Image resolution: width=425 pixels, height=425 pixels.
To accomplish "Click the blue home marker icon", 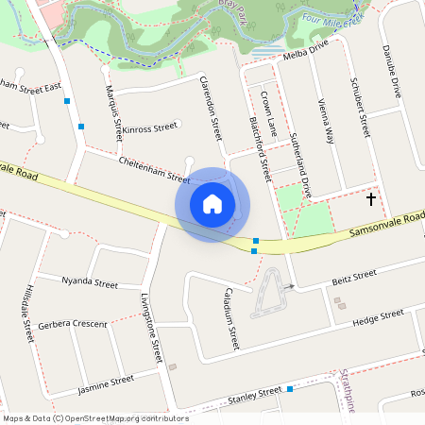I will click(212, 204).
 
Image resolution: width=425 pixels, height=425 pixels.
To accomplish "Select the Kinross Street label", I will click(151, 127).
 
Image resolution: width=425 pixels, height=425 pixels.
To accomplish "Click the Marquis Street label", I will click(113, 111).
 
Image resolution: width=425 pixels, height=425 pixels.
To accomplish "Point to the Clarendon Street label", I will click(211, 110).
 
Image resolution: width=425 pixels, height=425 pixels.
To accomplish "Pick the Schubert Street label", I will click(361, 107).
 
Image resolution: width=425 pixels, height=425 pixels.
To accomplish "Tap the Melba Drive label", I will click(305, 51).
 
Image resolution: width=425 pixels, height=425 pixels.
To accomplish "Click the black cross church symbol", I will click(371, 198).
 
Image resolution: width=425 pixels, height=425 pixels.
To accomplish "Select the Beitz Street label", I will click(355, 276).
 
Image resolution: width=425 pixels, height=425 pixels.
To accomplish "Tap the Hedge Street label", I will click(377, 316).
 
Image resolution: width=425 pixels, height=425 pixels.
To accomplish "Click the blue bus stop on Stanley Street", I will click(290, 389).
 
